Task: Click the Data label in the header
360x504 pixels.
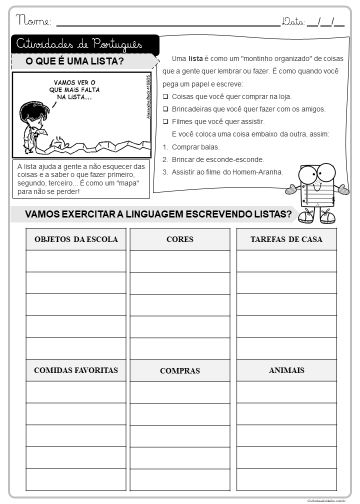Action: pos(294,19)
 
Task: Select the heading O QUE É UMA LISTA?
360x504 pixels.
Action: pos(73,62)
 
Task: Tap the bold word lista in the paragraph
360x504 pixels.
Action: pos(196,60)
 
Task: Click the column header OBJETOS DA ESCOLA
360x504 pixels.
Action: pos(76,240)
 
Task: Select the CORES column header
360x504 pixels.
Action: pos(181,240)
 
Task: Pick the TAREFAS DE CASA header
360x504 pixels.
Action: pos(286,240)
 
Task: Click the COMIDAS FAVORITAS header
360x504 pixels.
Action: pos(76,370)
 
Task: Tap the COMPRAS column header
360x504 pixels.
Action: pos(181,371)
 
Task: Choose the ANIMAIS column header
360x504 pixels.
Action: pos(286,370)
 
